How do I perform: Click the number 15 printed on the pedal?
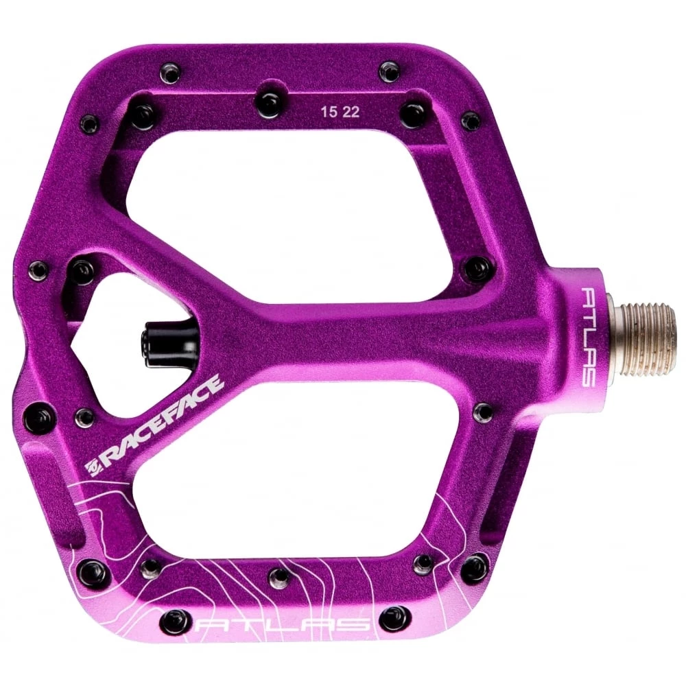(329, 113)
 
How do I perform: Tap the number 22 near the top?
(351, 113)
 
